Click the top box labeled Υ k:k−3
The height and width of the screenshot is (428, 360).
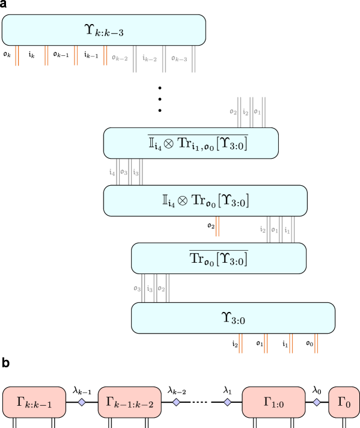[103, 30]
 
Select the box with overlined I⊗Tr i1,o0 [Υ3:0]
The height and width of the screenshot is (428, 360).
[191, 143]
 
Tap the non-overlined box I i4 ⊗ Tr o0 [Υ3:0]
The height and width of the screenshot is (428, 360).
[205, 201]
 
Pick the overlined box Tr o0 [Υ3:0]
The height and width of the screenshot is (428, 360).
[219, 258]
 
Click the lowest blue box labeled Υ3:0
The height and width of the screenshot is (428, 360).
[233, 318]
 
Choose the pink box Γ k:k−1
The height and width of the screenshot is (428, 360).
[34, 402]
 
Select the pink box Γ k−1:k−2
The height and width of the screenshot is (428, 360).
[130, 402]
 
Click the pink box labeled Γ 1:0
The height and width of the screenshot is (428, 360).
[273, 402]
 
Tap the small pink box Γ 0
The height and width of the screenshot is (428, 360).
[344, 402]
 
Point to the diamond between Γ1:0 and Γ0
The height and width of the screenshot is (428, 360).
[317, 402]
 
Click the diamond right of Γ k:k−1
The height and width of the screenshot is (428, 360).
[82, 402]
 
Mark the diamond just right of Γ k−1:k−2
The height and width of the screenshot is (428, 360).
[176, 402]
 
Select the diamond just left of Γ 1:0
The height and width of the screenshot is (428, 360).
[227, 402]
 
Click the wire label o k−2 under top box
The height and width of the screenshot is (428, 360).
[120, 58]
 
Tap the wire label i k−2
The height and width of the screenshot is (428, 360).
[150, 58]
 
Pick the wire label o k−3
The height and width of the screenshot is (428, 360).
[178, 58]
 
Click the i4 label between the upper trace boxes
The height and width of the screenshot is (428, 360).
[112, 172]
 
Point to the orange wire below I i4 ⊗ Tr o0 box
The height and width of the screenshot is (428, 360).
[217, 227]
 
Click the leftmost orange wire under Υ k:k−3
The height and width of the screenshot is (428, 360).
[17, 55]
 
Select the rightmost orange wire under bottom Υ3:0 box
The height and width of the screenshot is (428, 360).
[316, 343]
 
